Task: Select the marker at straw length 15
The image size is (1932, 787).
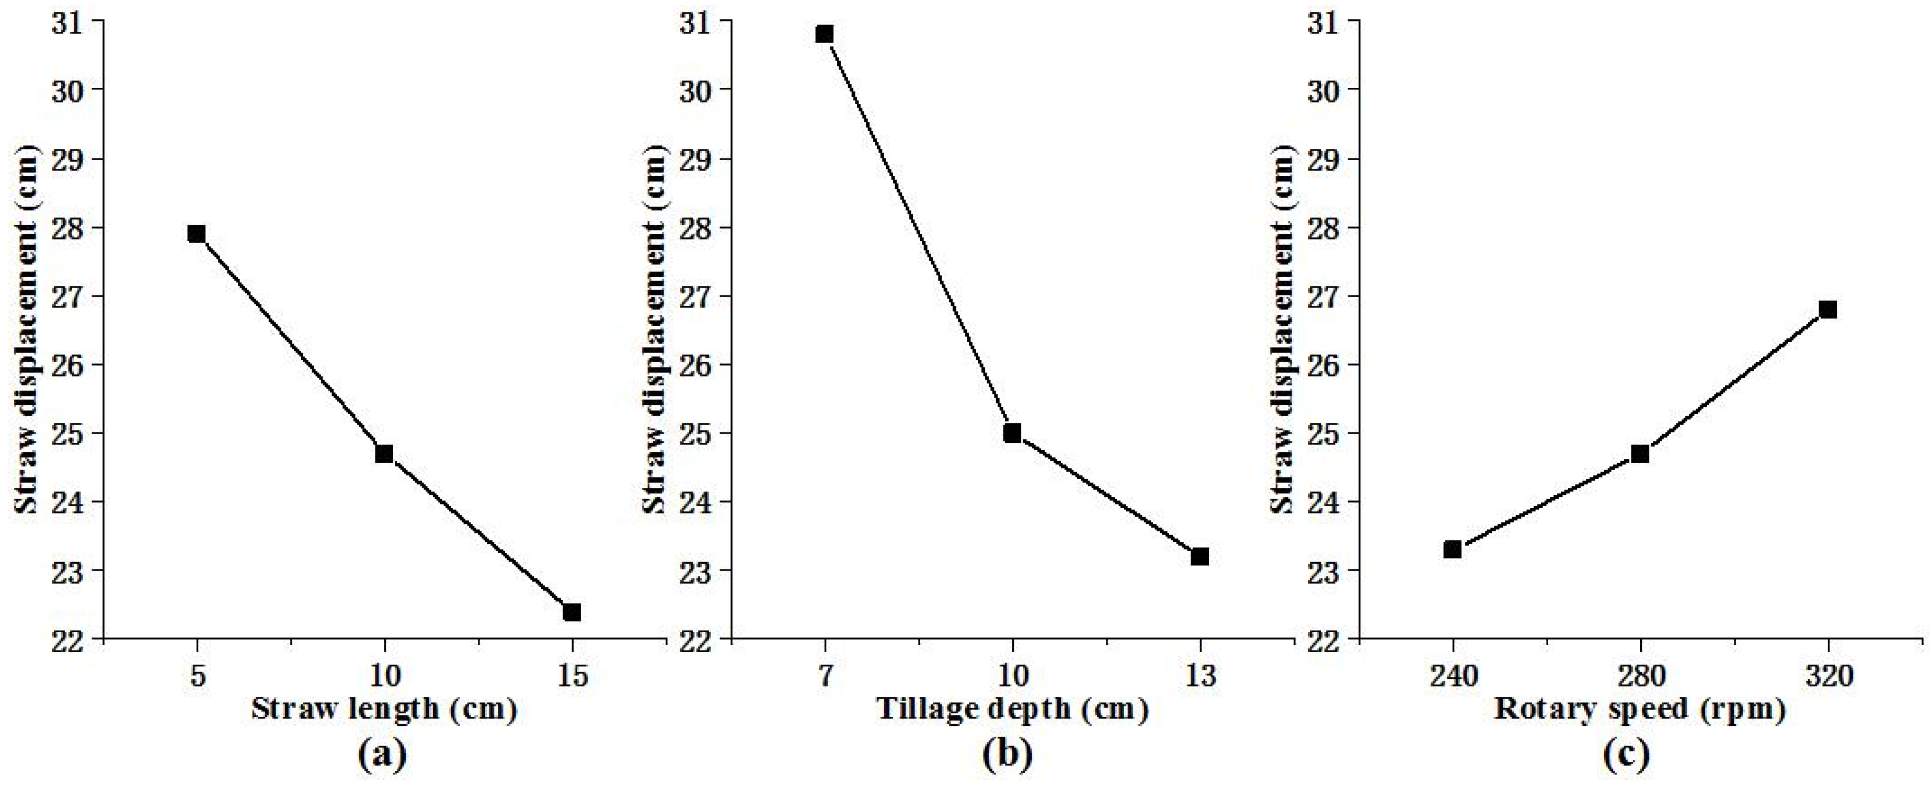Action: pos(572,612)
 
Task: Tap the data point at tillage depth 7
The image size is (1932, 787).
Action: pos(825,34)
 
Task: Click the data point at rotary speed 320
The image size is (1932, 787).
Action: pos(1828,310)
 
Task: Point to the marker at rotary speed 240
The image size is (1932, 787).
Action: pos(1453,549)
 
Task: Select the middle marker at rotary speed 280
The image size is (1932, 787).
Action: pos(1640,453)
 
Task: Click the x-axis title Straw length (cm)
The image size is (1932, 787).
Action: pos(384,709)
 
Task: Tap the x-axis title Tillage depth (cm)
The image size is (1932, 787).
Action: pos(1012,709)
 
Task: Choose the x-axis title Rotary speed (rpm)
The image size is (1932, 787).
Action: pos(1640,709)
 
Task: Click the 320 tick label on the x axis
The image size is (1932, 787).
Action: pos(1828,676)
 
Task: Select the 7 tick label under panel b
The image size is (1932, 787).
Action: pos(825,676)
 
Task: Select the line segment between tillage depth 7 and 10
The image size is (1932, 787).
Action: pos(919,233)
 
